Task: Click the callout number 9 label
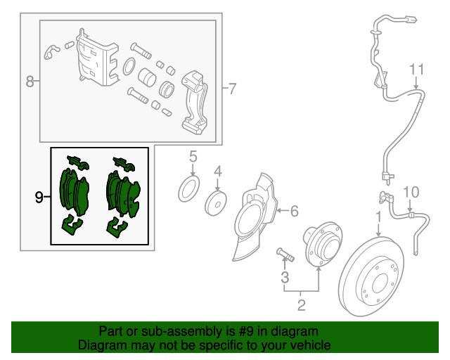[x=39, y=197]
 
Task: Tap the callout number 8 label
[x=30, y=82]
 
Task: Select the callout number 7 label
[x=232, y=89]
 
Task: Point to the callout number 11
[x=416, y=70]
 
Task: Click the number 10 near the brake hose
[x=411, y=193]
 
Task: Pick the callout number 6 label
[x=295, y=211]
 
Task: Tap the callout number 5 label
[x=193, y=157]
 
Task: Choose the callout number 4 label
[x=218, y=172]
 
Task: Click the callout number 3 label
[x=285, y=277]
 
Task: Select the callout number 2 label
[x=302, y=305]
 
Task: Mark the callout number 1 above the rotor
[x=379, y=217]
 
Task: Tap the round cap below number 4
[x=216, y=203]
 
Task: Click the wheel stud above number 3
[x=285, y=255]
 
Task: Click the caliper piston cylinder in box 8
[x=147, y=77]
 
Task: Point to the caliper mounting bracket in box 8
[x=195, y=102]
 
